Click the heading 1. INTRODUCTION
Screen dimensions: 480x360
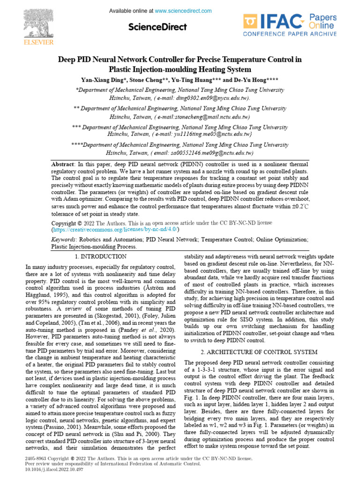pos(101,256)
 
